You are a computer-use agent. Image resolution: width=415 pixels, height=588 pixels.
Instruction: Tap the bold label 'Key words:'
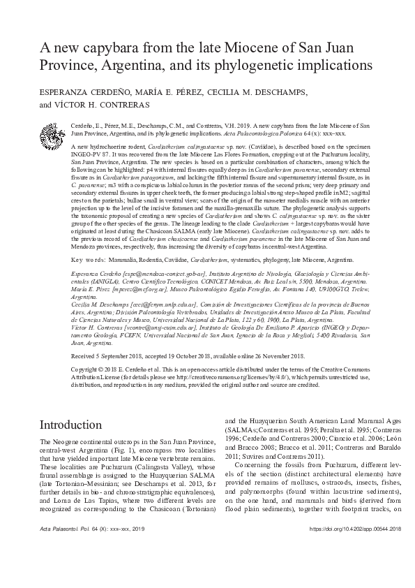[x=88, y=258]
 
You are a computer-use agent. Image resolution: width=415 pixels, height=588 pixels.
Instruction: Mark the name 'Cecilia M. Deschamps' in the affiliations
[x=101, y=304]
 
